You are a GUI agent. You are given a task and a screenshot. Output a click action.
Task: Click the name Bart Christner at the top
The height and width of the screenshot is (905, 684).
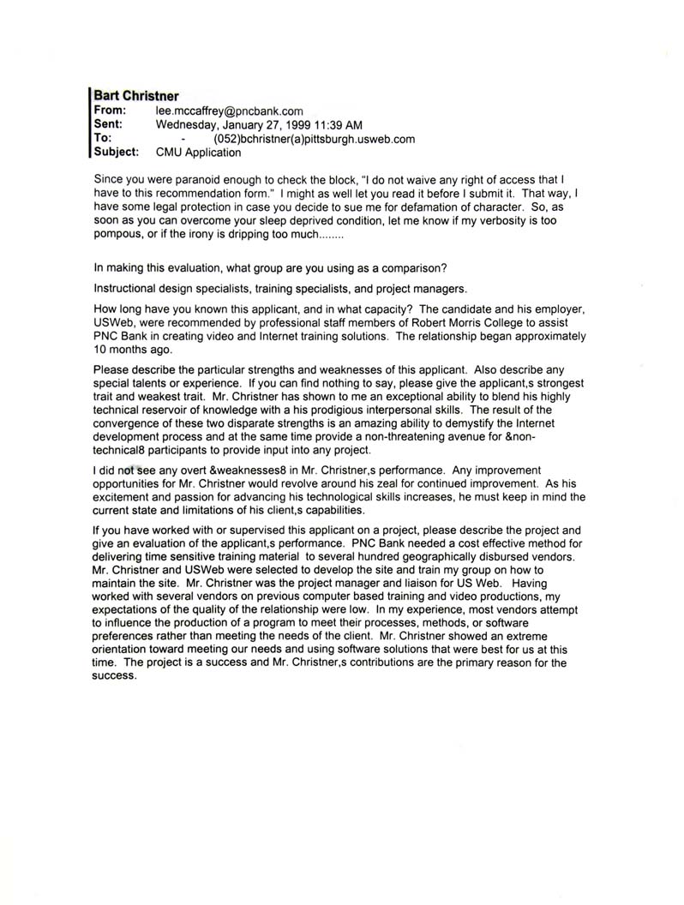pyautogui.click(x=136, y=97)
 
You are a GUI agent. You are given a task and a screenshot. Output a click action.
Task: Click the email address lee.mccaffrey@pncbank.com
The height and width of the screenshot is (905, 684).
pyautogui.click(x=229, y=111)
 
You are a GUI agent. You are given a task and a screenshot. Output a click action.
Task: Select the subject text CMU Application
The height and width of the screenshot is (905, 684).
pyautogui.click(x=198, y=153)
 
